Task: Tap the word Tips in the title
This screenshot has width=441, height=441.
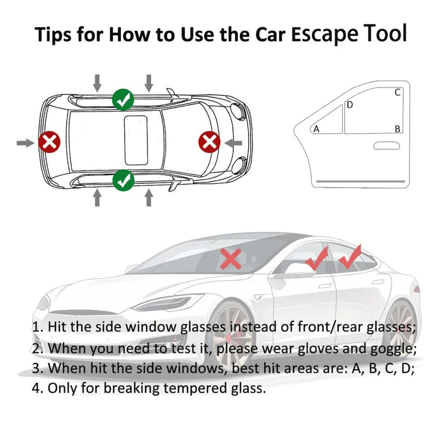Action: (53, 34)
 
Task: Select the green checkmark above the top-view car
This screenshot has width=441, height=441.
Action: (123, 99)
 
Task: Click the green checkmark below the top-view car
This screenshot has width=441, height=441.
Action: (123, 180)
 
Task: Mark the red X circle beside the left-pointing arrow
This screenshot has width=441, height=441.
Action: (49, 142)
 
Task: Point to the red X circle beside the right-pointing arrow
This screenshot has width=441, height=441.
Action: (209, 142)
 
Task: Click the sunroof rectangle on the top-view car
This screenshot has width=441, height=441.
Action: (134, 138)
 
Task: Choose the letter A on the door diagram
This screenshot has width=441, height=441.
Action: (316, 129)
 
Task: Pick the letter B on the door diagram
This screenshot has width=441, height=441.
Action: (398, 129)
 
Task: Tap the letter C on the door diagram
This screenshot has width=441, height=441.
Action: (398, 93)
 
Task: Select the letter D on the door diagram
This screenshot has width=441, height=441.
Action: (350, 105)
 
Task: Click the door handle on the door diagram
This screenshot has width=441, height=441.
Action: (386, 146)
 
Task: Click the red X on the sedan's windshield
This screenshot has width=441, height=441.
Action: (231, 258)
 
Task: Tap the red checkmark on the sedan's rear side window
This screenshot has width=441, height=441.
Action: (350, 257)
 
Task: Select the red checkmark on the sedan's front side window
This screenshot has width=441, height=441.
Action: (317, 258)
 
